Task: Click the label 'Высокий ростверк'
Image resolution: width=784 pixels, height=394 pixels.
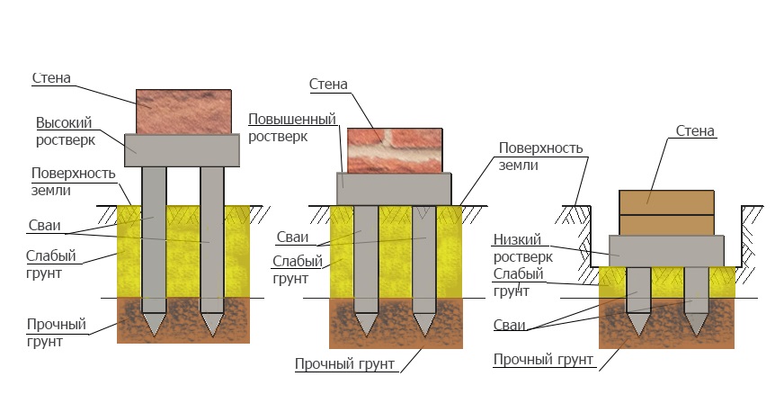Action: tap(65, 131)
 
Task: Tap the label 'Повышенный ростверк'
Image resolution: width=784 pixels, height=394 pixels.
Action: tap(292, 128)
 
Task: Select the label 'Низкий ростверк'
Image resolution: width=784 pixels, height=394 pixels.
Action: tap(523, 248)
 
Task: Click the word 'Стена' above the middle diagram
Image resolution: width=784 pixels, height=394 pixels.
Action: tap(328, 84)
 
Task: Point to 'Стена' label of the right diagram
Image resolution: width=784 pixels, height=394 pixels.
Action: tap(695, 131)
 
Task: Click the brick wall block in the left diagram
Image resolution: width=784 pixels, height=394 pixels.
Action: tap(183, 112)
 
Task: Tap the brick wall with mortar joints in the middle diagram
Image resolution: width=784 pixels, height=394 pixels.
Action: tap(395, 150)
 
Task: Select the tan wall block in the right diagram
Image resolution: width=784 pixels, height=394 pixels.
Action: tap(666, 212)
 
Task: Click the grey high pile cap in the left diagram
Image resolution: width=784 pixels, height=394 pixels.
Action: tap(182, 150)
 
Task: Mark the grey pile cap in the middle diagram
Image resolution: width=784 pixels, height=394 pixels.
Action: tap(394, 189)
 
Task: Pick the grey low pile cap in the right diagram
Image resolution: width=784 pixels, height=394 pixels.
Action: tap(666, 251)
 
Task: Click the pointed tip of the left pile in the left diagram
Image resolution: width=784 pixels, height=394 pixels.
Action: tap(154, 336)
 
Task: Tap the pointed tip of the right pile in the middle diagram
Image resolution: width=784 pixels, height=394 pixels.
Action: tap(424, 336)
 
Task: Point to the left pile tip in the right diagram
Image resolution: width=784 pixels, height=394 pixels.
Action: tap(638, 336)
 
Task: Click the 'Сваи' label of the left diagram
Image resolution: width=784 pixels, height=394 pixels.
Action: tap(44, 226)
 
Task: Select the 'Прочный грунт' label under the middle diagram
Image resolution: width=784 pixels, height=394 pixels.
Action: tap(344, 364)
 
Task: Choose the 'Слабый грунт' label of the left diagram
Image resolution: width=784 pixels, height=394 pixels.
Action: tap(51, 264)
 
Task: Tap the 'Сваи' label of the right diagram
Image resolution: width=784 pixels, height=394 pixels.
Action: tap(510, 325)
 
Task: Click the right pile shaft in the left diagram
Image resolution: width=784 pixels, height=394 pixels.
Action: tap(212, 239)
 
